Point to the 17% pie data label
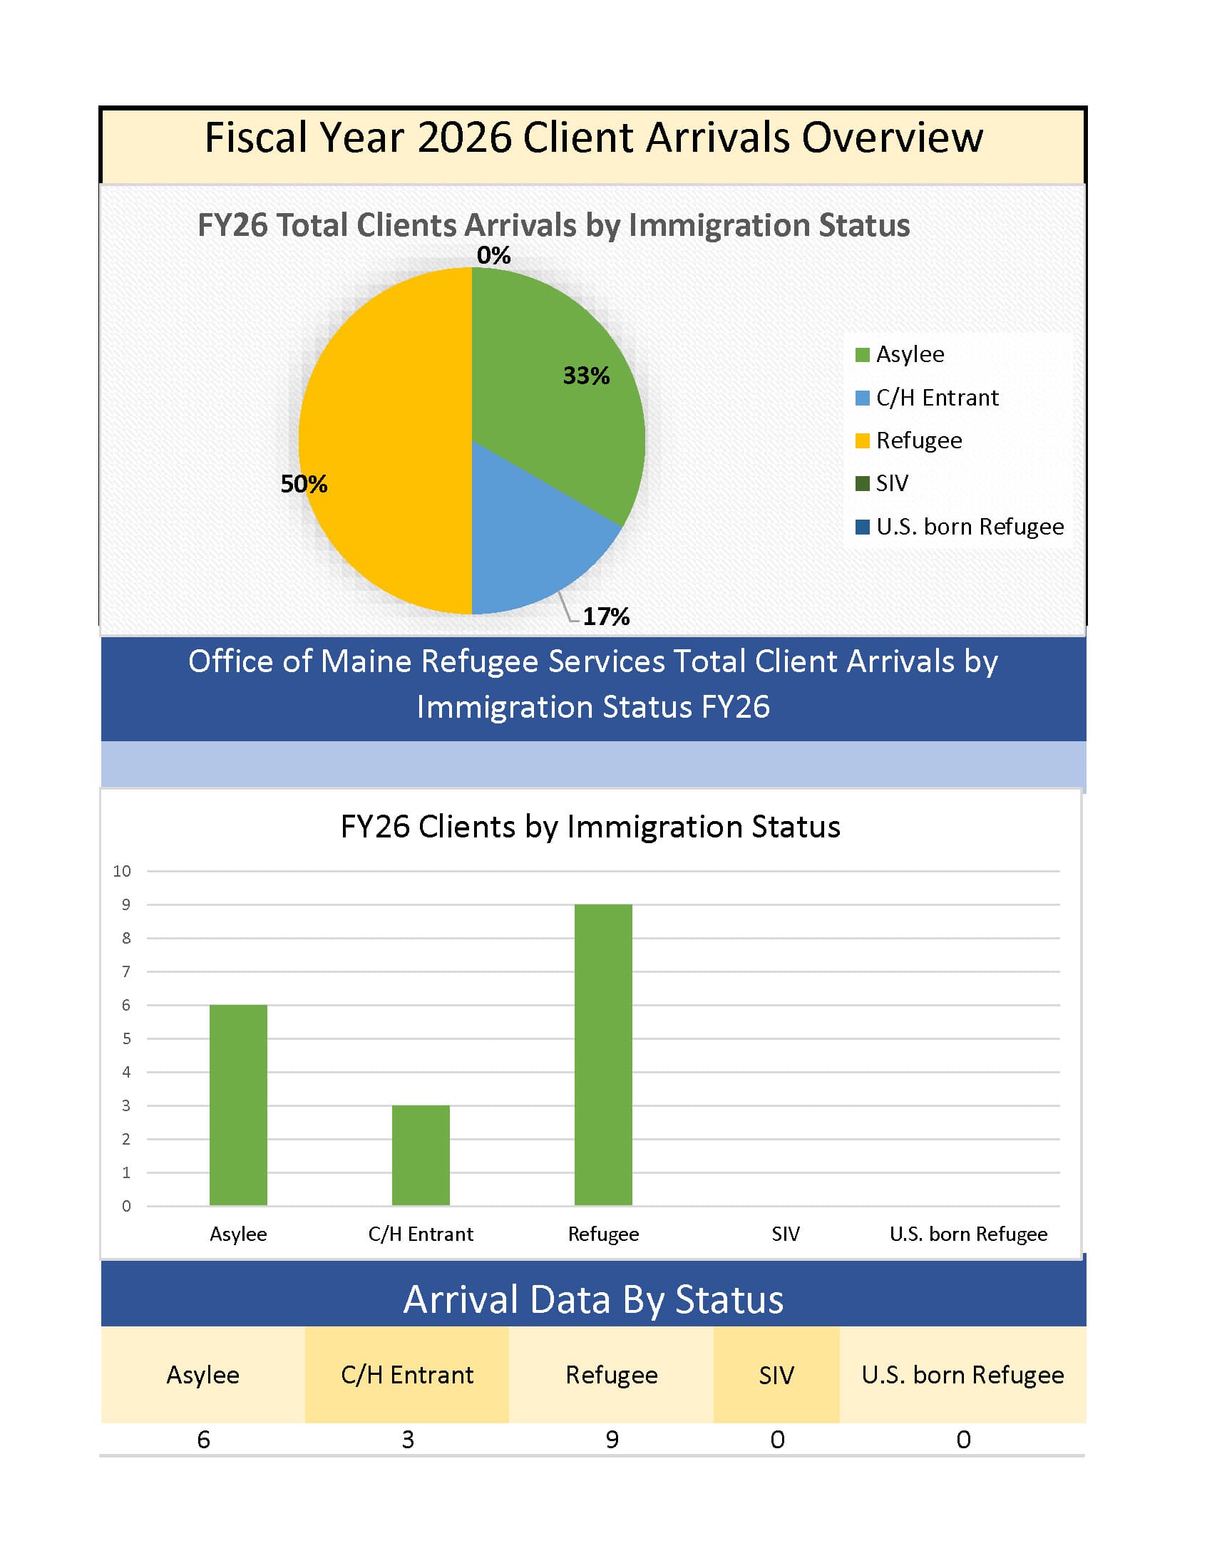tap(605, 616)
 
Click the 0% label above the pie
tap(493, 255)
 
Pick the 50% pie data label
tap(304, 484)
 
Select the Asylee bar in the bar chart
tap(238, 1105)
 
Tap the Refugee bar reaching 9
tap(603, 1055)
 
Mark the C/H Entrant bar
tap(421, 1155)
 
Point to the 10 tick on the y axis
tap(122, 871)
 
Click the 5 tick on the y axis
tap(126, 1038)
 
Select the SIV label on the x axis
tap(786, 1234)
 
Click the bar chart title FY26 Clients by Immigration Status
tap(590, 826)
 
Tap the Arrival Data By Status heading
tap(593, 1299)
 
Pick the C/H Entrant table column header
tap(407, 1374)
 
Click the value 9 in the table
tap(612, 1440)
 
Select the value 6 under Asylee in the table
tap(203, 1440)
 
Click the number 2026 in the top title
tap(464, 137)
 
